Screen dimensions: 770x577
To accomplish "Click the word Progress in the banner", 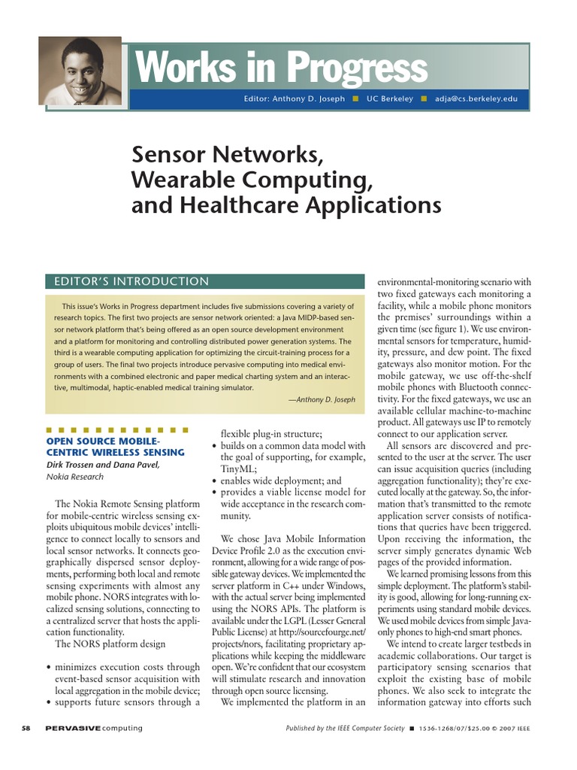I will pyautogui.click(x=358, y=69).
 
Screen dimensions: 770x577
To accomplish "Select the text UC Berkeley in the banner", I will pyautogui.click(x=389, y=99).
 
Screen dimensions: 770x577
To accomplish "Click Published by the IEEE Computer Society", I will pyautogui.click(x=345, y=729).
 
